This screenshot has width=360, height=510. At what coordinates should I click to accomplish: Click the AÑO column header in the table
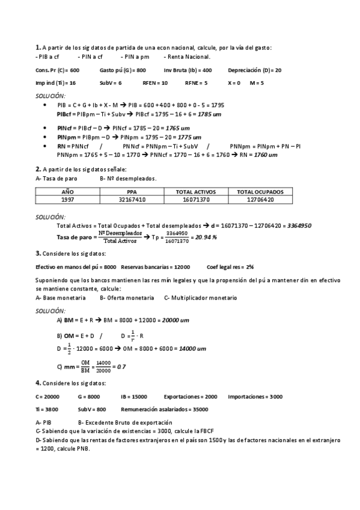[x=67, y=192]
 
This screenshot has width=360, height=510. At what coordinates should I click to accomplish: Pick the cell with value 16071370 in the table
[x=195, y=199]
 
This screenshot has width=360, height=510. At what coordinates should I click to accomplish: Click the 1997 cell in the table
[x=67, y=199]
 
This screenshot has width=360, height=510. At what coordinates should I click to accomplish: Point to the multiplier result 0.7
[x=121, y=366]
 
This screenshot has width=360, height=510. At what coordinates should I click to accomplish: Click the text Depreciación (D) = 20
[x=255, y=70]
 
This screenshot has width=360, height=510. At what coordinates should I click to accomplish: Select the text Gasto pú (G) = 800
[x=123, y=70]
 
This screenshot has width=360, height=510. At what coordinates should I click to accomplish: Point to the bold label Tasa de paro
[x=74, y=237]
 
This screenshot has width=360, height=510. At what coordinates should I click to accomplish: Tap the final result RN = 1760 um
[x=258, y=155]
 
